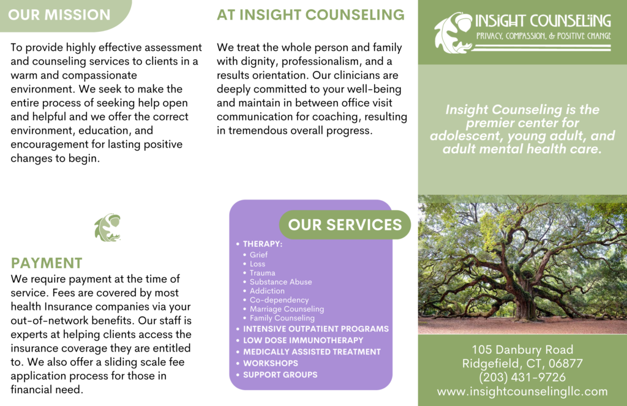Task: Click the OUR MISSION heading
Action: [x=59, y=15]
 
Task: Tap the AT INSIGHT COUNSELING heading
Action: [x=310, y=15]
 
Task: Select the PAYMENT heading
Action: [x=47, y=263]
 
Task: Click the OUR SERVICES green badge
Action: [x=345, y=225]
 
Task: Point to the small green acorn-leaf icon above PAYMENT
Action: [x=108, y=228]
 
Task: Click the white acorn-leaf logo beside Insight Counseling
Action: [x=454, y=32]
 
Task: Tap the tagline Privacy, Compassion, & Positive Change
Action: [x=544, y=36]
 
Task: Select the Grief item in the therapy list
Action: [x=259, y=255]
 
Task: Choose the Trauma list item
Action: [x=262, y=273]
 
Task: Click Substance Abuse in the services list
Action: [x=280, y=282]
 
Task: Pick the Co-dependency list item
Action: [x=279, y=300]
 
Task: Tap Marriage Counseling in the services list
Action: [x=287, y=309]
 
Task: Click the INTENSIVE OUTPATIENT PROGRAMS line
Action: [x=316, y=329]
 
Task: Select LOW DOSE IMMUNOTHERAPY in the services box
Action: [x=303, y=340]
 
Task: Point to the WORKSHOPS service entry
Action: [x=271, y=363]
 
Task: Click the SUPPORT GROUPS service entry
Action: [x=280, y=375]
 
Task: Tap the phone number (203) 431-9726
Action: [x=522, y=377]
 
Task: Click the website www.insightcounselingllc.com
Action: [x=522, y=391]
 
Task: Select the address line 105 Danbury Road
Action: [x=522, y=350]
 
